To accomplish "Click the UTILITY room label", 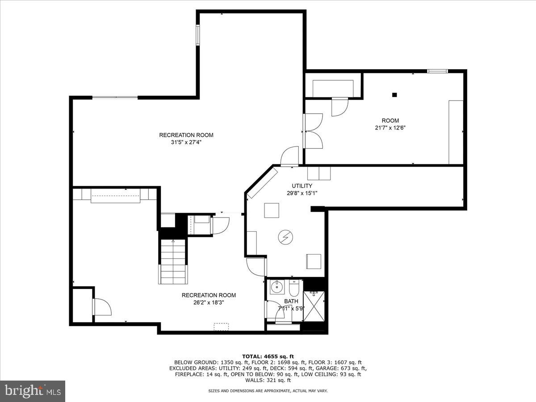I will [x=302, y=186].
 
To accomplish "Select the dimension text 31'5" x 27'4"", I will [x=186, y=142].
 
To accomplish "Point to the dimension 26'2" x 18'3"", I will [x=209, y=302].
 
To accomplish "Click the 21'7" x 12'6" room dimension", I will [x=390, y=128].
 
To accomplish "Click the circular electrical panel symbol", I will [x=284, y=238].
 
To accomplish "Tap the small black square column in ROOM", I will [x=394, y=94].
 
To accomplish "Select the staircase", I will [x=173, y=261].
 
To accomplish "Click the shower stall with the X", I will [x=315, y=306].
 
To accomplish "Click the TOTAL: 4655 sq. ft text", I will [x=268, y=356].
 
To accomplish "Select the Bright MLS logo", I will [x=33, y=391].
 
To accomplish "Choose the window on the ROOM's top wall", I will [x=437, y=71].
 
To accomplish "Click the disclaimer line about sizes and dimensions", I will [x=268, y=391].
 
